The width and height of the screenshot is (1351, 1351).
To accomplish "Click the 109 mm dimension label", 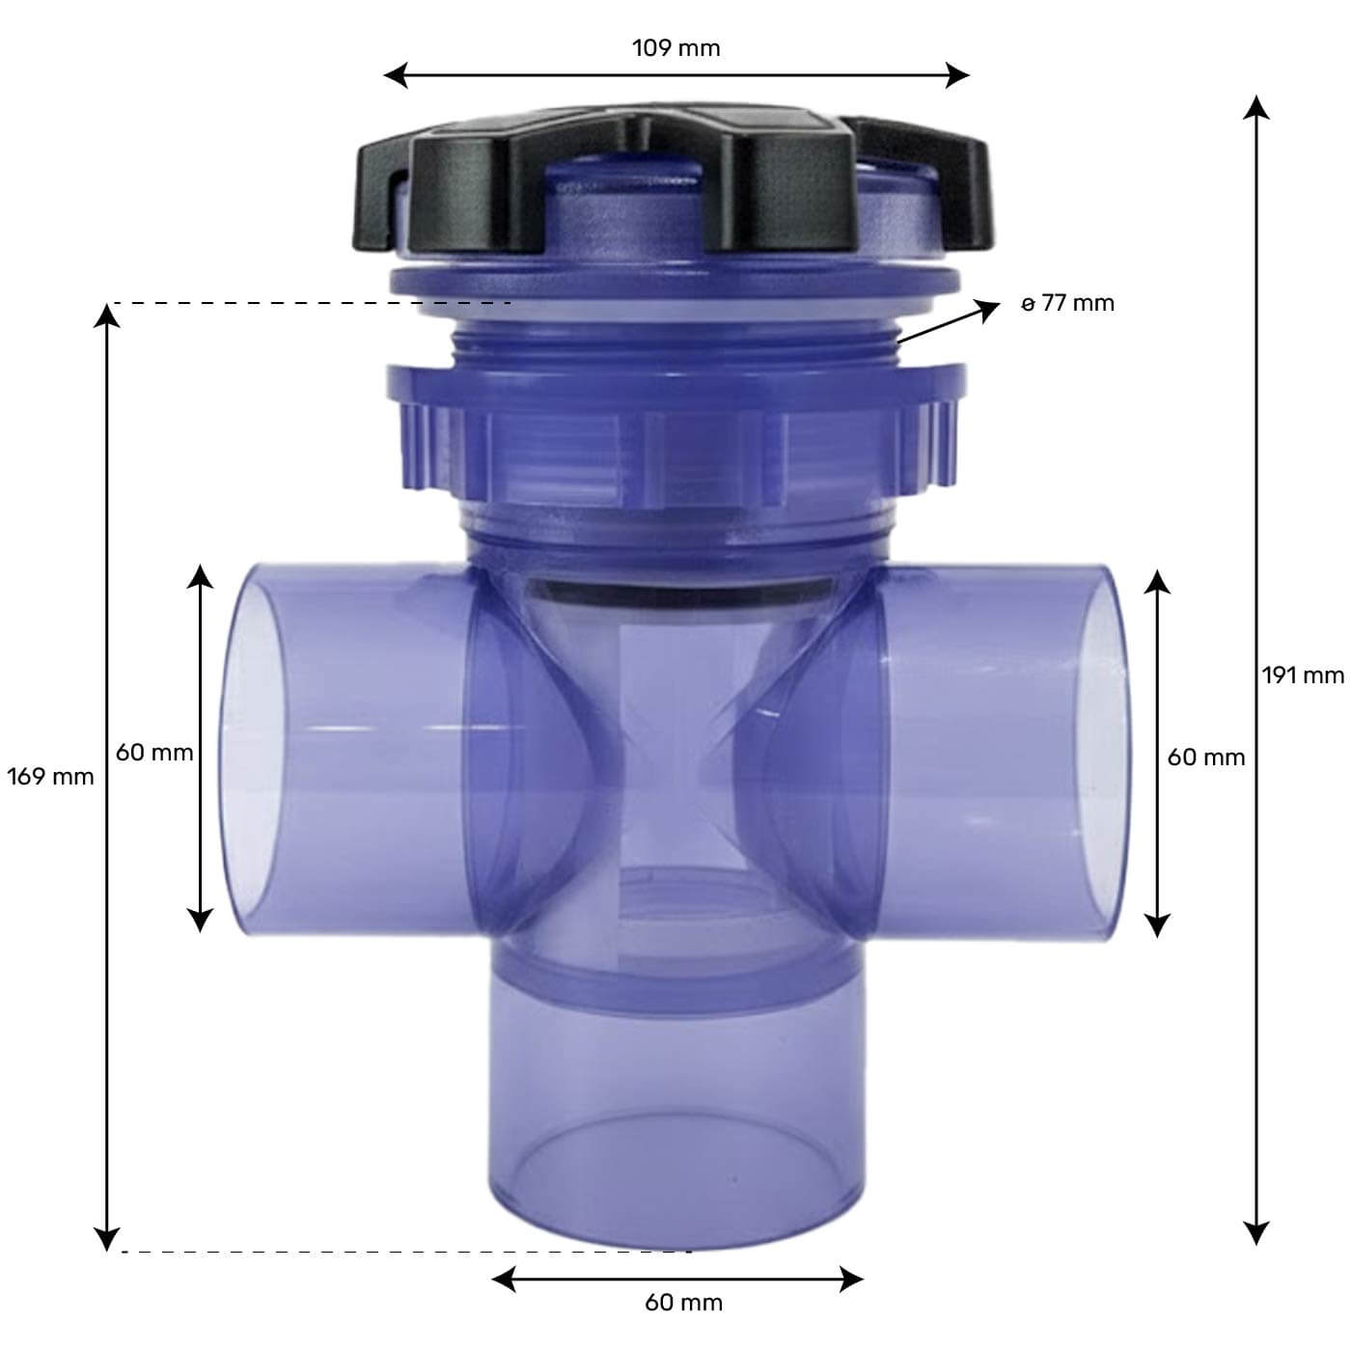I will point(675,48).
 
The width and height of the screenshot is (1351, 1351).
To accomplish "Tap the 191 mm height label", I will point(1302,675).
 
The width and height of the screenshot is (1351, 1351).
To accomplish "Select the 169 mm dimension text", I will point(50,776).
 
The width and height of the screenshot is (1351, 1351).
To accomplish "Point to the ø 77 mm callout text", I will point(1068,303).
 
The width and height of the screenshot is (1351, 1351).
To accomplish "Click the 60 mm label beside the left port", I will point(154,752).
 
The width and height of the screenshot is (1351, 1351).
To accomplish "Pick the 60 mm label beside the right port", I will point(1205,758).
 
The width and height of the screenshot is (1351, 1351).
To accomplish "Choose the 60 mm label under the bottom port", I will point(683,1302).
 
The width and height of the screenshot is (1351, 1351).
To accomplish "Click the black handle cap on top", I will point(675,183).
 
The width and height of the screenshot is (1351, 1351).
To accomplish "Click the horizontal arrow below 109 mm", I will point(675,75).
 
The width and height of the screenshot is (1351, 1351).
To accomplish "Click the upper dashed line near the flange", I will point(309,303).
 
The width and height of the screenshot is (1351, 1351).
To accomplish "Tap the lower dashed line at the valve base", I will point(405,1252).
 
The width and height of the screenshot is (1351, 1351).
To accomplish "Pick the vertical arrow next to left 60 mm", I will point(200,748).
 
